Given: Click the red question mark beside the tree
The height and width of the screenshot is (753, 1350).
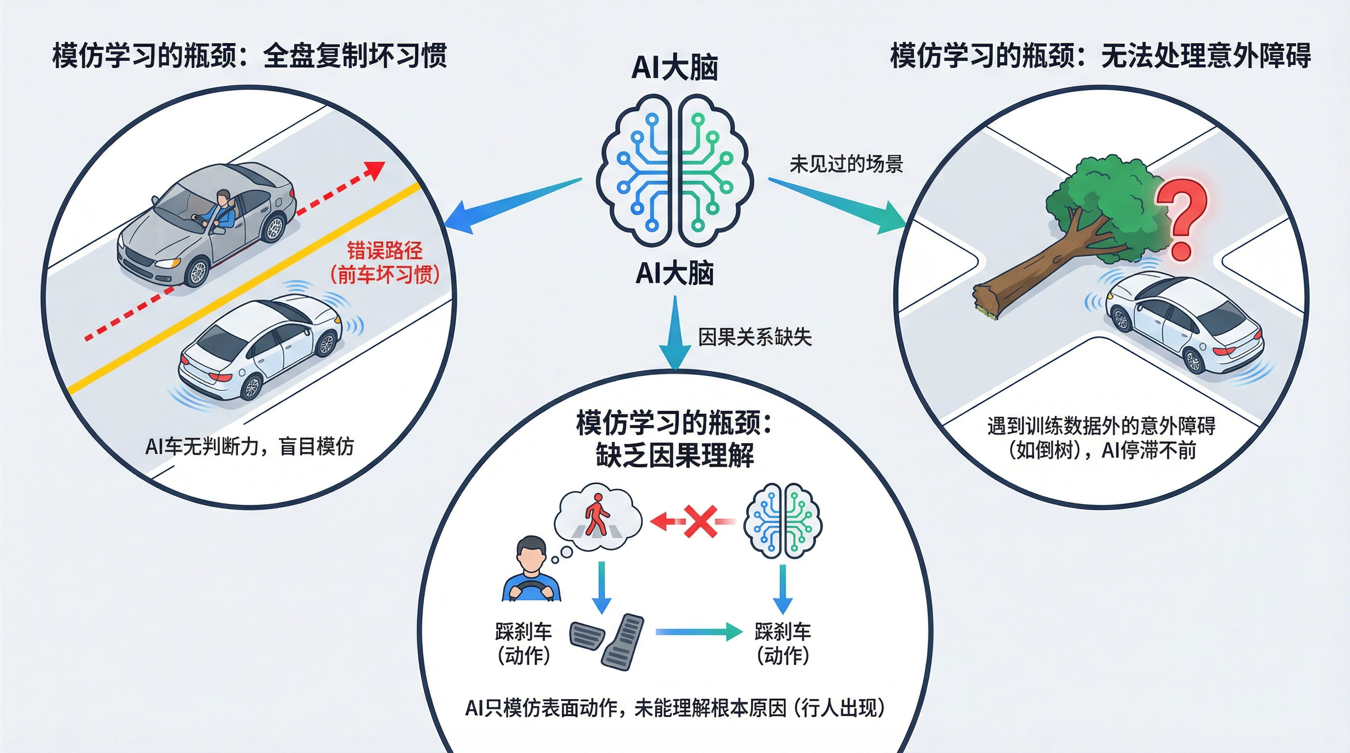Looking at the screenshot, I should (1182, 217).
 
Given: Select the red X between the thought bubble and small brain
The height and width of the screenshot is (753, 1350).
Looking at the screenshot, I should (700, 521).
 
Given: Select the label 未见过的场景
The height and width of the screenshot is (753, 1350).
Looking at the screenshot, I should (846, 164).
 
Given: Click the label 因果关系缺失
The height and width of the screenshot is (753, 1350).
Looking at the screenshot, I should (754, 337).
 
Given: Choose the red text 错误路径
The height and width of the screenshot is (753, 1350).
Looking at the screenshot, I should (385, 251).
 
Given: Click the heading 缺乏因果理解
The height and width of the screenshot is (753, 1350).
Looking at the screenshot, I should (675, 454).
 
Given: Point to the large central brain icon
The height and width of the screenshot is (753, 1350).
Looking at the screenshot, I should (675, 170).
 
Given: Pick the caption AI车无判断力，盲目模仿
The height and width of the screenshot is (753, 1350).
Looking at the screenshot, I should (250, 446).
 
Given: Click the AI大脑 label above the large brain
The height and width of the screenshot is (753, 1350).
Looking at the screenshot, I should (675, 68).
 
